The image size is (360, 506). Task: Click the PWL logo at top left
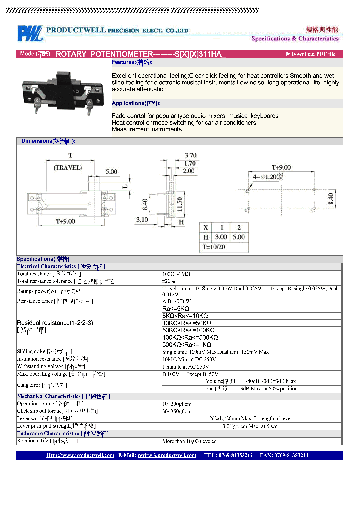coord(31,33)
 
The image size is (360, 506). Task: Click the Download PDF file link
coord(310,54)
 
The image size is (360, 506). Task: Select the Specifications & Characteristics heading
coord(295,38)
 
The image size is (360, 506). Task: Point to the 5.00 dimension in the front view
coord(111,171)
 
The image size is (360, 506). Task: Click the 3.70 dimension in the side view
coord(190,155)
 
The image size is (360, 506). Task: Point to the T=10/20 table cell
coord(214,247)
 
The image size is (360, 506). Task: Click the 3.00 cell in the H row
coord(221,237)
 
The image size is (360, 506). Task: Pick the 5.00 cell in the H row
coord(239,237)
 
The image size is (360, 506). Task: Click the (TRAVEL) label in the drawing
coord(67,168)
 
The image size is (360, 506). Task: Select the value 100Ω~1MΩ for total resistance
coord(176,274)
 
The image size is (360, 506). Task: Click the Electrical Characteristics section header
coord(61,267)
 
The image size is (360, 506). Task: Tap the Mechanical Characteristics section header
coord(63,396)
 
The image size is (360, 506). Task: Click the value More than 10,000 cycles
coord(189,441)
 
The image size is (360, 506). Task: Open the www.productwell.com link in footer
coord(80,455)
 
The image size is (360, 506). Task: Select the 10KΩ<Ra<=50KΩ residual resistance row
coord(185,323)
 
